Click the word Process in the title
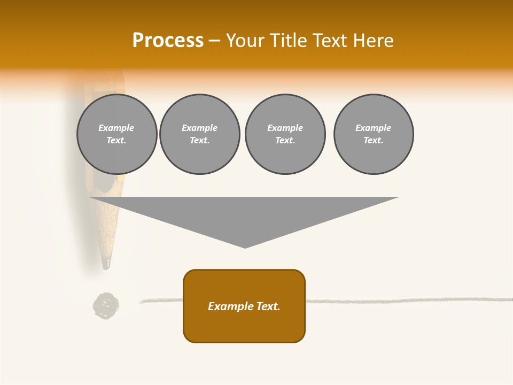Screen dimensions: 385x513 pyautogui.click(x=168, y=41)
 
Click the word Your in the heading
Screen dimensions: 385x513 pyautogui.click(x=246, y=41)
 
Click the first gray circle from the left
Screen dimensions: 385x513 pyautogui.click(x=116, y=134)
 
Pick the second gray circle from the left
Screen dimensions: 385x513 pyautogui.click(x=199, y=134)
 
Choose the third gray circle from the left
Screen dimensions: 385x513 pyautogui.click(x=285, y=134)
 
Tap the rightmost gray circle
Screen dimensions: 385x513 pyautogui.click(x=374, y=134)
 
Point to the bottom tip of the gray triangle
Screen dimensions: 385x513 pyautogui.click(x=245, y=247)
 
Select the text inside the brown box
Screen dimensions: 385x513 pyautogui.click(x=244, y=306)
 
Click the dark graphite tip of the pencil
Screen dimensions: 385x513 pyautogui.click(x=107, y=263)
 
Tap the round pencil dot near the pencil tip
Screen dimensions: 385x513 pyautogui.click(x=106, y=306)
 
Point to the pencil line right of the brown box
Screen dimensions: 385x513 pyautogui.click(x=406, y=301)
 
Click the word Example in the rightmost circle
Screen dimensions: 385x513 pyautogui.click(x=374, y=128)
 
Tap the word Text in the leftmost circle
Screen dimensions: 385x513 pyautogui.click(x=116, y=141)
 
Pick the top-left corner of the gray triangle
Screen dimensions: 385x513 pyautogui.click(x=90, y=197)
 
